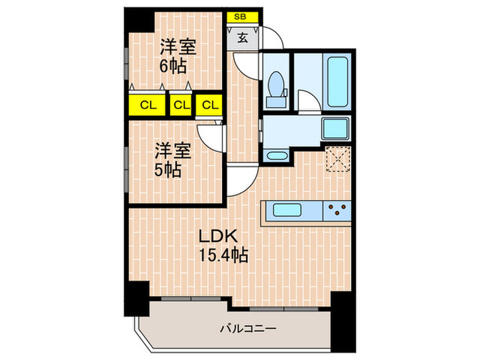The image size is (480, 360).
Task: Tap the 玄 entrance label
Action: point(242,38)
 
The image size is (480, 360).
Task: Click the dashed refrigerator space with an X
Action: point(337,160)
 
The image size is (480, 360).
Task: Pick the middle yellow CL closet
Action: point(180,105)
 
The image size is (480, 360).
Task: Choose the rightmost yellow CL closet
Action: point(209,105)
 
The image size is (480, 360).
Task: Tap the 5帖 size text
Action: point(167,169)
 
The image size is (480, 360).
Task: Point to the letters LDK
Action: point(218,236)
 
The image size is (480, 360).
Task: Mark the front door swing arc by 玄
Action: point(271,40)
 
